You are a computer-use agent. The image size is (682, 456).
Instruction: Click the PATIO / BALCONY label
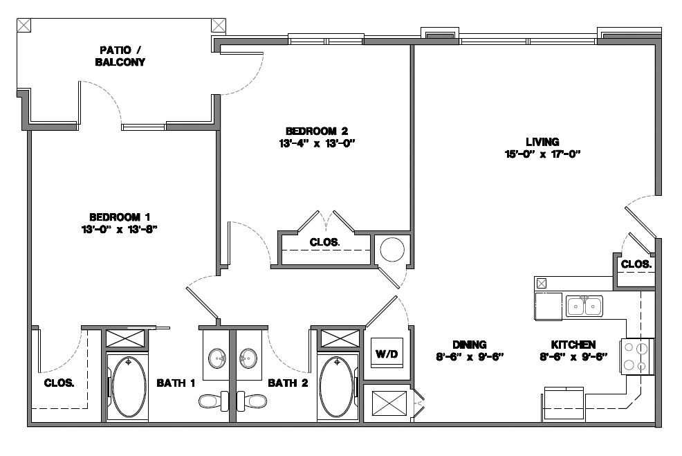(122, 56)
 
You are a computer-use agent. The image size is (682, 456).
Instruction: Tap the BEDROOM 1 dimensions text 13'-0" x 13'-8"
(120, 230)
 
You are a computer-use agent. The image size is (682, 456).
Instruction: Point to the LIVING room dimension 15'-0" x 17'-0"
(542, 154)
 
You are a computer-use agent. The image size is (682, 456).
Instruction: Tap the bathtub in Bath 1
(128, 385)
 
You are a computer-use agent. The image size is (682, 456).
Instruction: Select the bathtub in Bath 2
(338, 385)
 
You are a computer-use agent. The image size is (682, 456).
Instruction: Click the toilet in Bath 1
(212, 400)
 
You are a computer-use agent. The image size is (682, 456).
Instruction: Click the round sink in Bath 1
(217, 358)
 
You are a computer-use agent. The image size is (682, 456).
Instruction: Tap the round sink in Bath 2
(249, 358)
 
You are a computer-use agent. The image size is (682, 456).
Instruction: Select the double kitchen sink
(584, 304)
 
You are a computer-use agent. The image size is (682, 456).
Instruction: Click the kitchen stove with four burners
(637, 356)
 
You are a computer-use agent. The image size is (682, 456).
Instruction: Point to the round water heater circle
(391, 249)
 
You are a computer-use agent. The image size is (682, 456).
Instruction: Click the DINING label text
(470, 345)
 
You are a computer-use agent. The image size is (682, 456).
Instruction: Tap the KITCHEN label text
(573, 345)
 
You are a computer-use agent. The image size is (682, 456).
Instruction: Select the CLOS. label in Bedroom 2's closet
(324, 242)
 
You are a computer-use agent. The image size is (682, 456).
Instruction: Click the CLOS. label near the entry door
(635, 264)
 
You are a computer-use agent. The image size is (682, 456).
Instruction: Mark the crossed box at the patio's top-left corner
(24, 24)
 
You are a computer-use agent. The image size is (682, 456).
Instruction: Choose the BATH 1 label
(176, 383)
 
